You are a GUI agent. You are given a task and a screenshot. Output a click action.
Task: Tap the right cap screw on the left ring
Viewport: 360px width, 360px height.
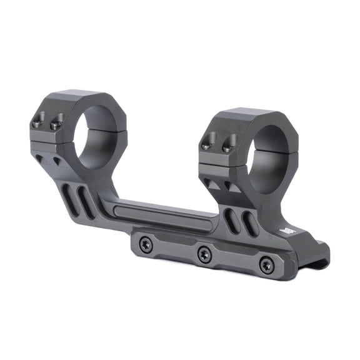tap(56, 125)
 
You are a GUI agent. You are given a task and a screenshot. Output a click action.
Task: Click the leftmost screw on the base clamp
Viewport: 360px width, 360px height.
tap(146, 245)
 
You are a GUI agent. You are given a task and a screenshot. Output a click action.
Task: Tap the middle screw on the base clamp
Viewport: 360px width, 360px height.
tap(203, 254)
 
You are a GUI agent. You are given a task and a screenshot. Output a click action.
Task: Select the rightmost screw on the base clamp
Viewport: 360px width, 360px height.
tap(266, 264)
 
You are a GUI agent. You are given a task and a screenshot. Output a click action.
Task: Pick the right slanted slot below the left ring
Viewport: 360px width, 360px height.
tap(86, 202)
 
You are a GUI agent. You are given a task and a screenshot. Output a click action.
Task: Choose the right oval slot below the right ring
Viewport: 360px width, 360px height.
tap(249, 224)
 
